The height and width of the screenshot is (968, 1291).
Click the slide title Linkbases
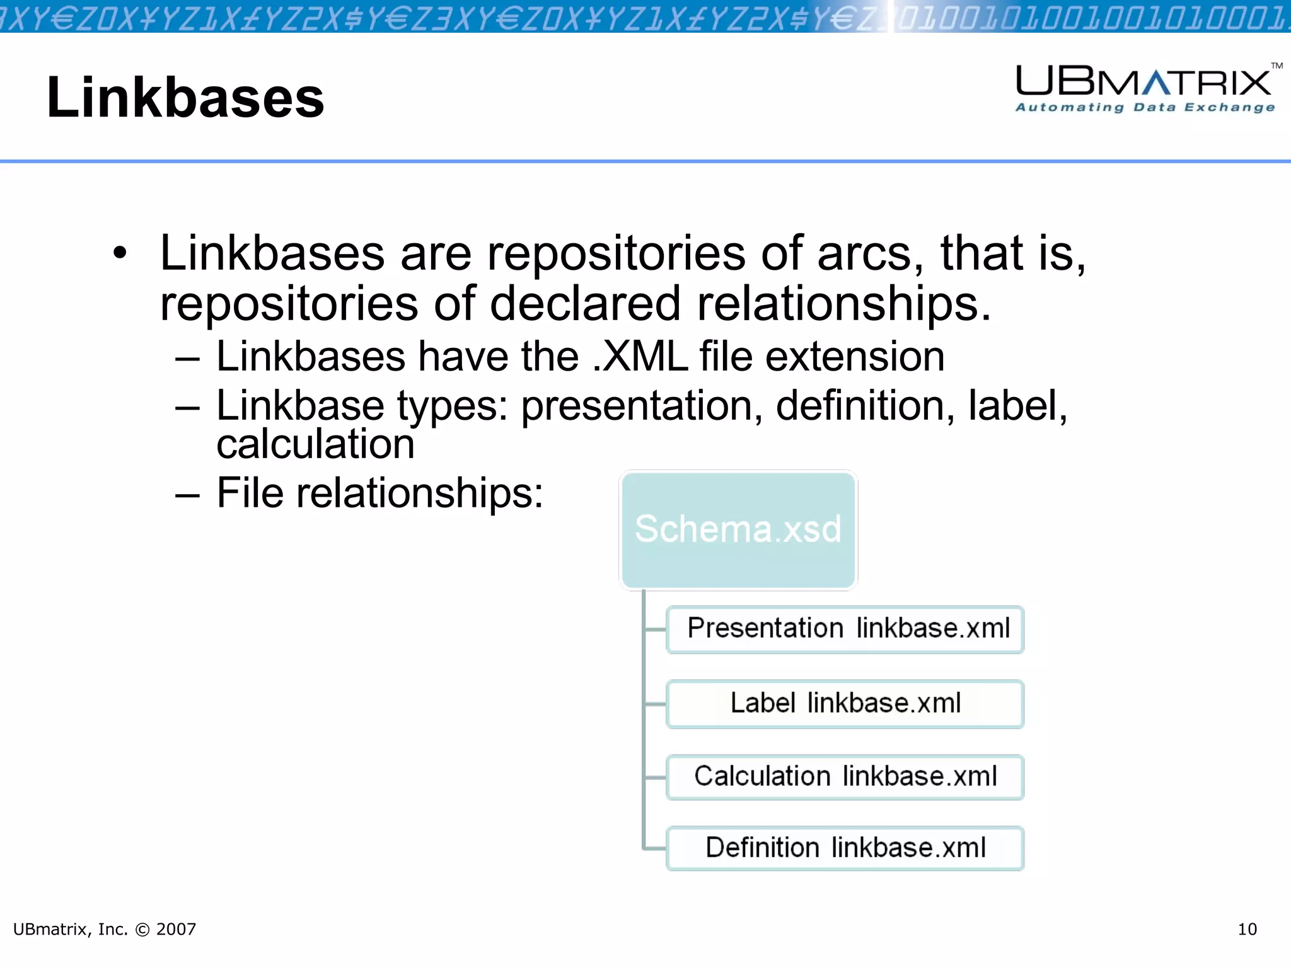point(185,98)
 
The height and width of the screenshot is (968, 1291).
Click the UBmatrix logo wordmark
point(1143,82)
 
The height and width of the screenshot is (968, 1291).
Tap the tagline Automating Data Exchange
point(1145,108)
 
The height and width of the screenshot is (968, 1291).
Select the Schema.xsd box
point(738,529)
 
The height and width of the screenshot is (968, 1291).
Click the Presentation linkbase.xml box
point(845,629)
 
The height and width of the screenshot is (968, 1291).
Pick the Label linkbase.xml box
point(845,703)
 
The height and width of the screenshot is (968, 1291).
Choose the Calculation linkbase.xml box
point(845,776)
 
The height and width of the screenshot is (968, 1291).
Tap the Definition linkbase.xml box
point(845,848)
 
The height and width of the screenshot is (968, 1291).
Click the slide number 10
point(1247,930)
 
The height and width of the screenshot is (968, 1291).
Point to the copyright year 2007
point(176,930)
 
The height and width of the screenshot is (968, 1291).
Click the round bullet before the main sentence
point(120,253)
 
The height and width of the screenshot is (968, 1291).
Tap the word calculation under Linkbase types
point(315,444)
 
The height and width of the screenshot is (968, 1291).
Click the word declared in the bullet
point(585,304)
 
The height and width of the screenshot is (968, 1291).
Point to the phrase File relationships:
point(379,493)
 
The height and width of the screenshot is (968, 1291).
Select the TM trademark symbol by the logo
point(1277,66)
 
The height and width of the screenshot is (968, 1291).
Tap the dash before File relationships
point(187,495)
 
